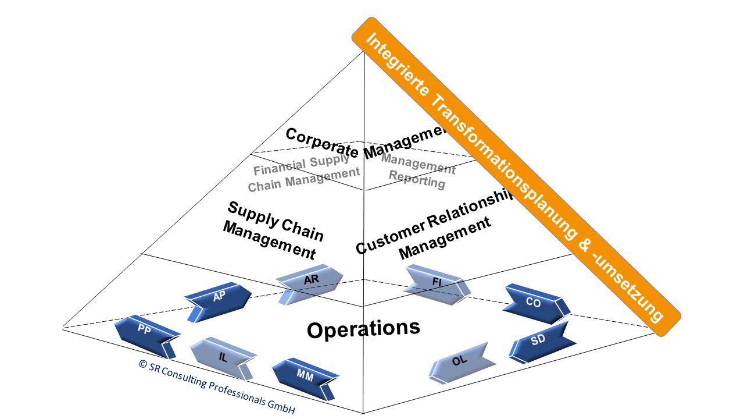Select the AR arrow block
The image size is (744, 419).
coord(310,283)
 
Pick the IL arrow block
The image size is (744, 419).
coord(224,356)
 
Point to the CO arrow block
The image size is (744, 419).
coord(534,303)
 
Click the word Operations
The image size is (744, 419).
coord(363,329)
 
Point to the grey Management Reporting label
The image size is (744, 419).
coord(418,173)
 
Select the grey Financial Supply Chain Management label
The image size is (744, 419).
coord(303,173)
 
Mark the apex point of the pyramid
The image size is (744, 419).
coord(364,51)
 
